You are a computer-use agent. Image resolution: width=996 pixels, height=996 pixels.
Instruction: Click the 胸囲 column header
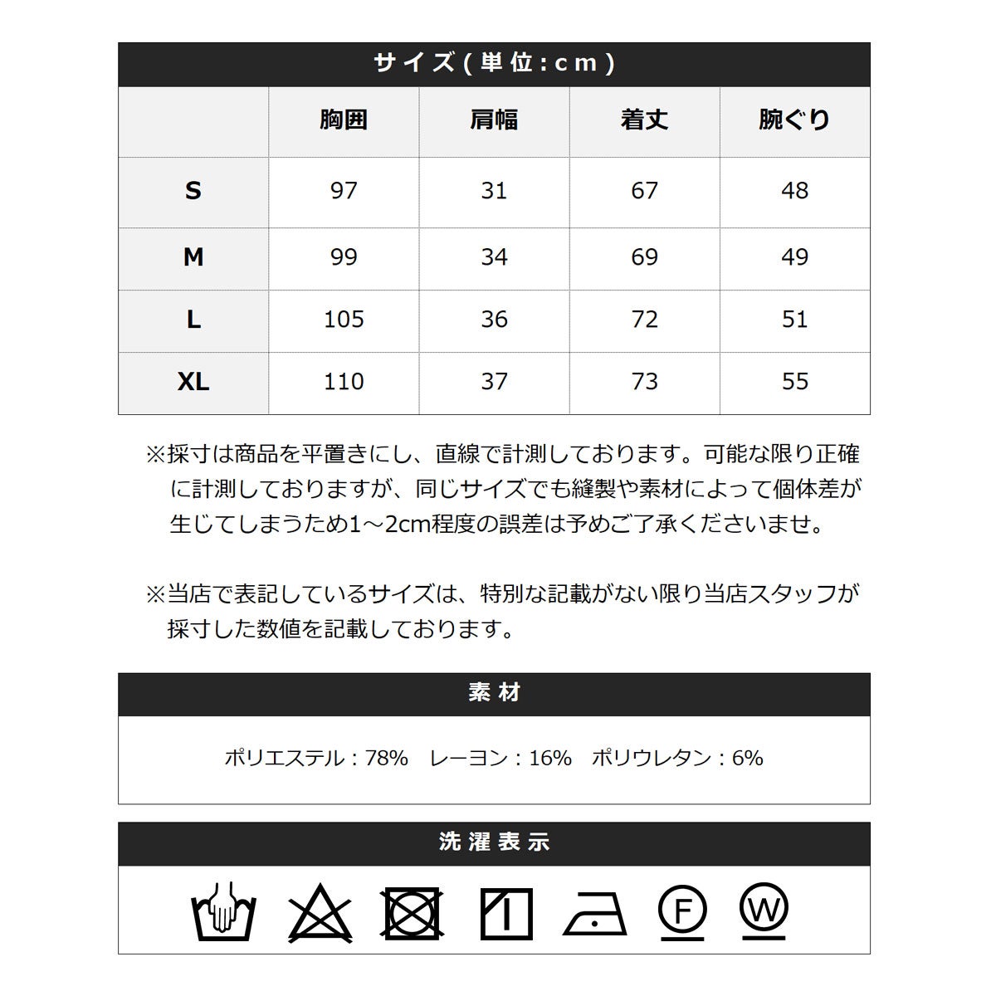click(x=344, y=120)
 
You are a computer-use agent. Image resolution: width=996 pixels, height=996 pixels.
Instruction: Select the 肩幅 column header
click(x=494, y=120)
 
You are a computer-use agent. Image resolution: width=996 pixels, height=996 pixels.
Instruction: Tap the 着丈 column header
click(x=644, y=120)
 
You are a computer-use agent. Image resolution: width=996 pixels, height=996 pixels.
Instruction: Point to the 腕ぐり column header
click(x=794, y=120)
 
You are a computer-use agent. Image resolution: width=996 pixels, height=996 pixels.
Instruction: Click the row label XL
click(x=193, y=382)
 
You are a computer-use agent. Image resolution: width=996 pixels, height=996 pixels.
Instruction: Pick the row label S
click(x=193, y=191)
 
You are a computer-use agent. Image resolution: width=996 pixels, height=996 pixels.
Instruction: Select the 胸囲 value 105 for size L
click(x=344, y=320)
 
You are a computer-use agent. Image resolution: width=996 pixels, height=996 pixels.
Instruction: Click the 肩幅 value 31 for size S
click(x=494, y=191)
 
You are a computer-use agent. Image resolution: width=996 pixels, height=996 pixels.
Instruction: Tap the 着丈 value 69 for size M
click(x=644, y=257)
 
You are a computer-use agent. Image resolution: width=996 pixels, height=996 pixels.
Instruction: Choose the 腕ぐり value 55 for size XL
click(x=794, y=382)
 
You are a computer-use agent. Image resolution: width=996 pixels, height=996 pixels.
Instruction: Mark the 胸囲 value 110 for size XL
click(x=344, y=382)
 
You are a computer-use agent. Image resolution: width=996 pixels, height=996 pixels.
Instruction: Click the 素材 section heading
click(x=494, y=693)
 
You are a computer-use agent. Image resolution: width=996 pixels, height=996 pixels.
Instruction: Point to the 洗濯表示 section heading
click(x=494, y=842)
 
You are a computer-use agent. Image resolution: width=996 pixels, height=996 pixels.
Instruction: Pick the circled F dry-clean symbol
click(x=682, y=911)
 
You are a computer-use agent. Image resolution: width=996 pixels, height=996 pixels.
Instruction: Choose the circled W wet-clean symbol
click(x=763, y=909)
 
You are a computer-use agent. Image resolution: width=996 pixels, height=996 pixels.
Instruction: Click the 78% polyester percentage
click(x=386, y=758)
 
